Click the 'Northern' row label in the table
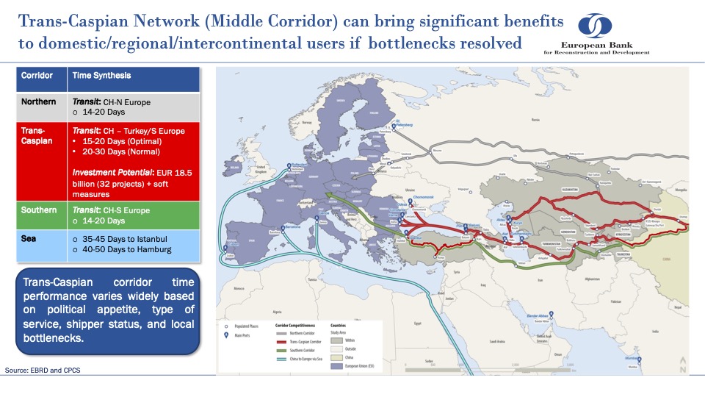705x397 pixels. click(x=39, y=101)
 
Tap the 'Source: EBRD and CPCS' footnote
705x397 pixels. click(x=43, y=371)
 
